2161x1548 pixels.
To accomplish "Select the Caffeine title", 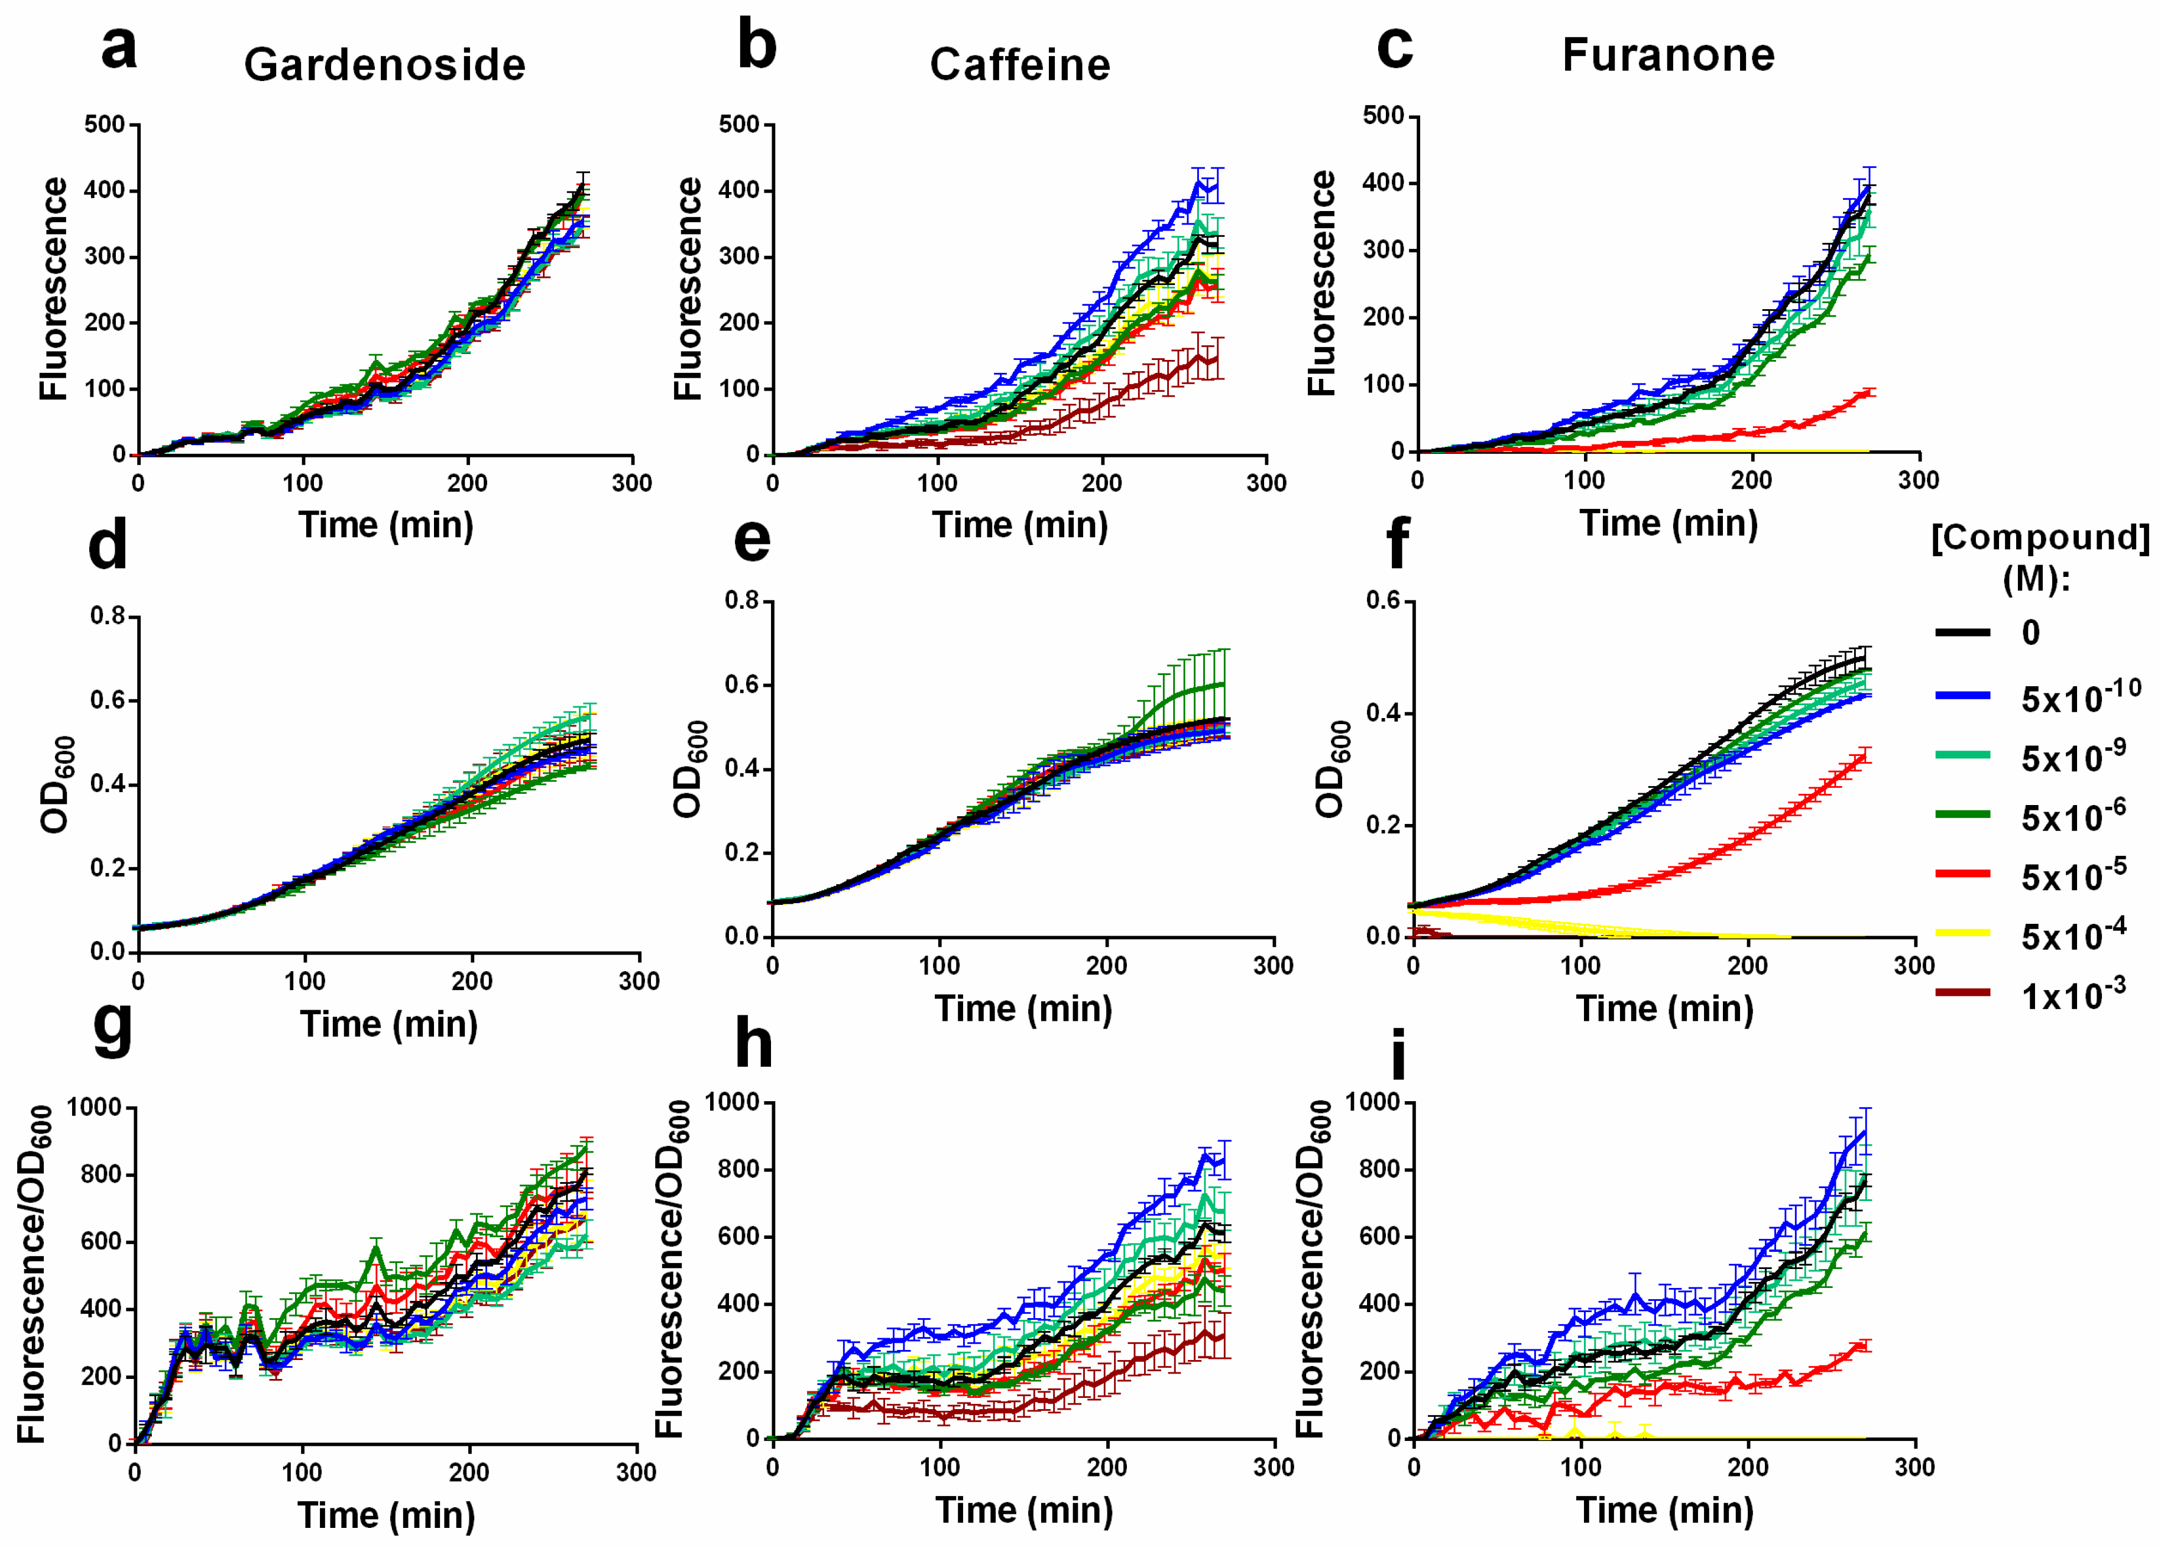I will [1019, 65].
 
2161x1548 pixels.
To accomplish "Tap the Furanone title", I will [1667, 54].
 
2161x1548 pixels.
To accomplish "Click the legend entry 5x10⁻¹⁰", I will [2080, 698].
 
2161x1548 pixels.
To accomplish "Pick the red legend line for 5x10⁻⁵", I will [1963, 872].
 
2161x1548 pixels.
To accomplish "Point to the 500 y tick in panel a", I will [104, 124].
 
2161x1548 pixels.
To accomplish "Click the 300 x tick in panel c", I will [1917, 480].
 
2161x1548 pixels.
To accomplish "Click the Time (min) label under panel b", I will [1019, 525].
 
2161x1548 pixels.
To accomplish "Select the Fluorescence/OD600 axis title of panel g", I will [34, 1274].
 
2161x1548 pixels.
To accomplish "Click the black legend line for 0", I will [1963, 632].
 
